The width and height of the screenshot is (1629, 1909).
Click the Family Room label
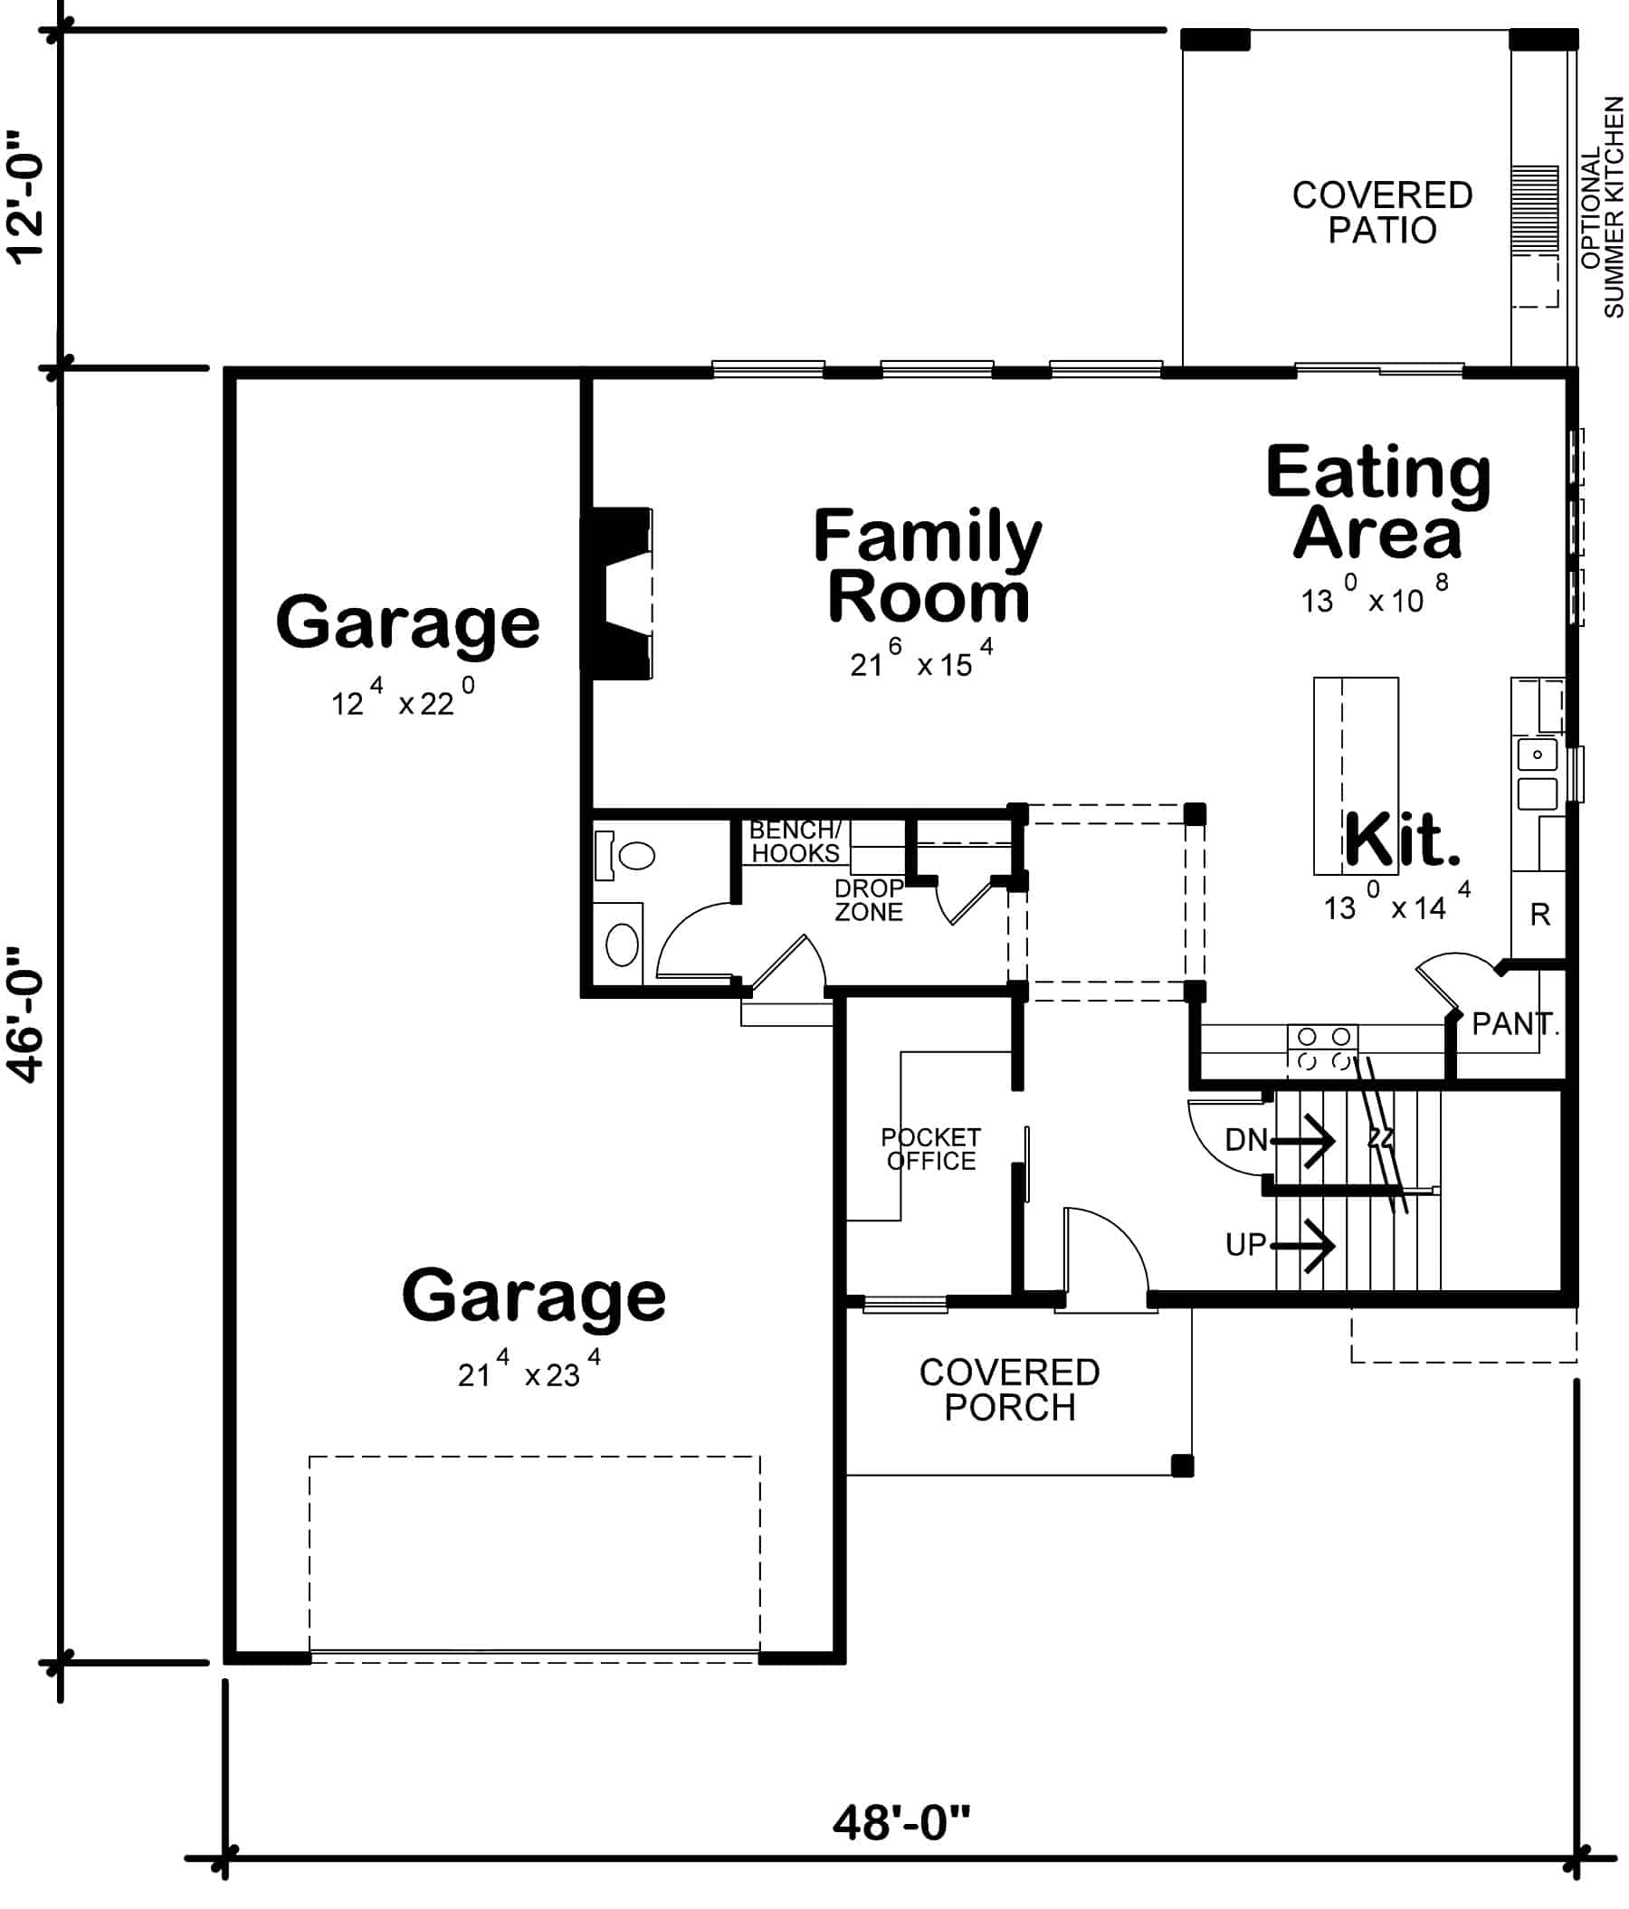[927, 565]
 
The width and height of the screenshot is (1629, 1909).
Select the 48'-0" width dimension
[901, 1822]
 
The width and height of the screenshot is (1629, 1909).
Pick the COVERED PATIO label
[1381, 213]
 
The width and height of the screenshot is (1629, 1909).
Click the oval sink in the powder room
[622, 945]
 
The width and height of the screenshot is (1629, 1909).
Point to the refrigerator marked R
[1539, 915]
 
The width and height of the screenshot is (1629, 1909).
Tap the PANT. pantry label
[1514, 1023]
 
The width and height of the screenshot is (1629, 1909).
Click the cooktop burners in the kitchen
[1322, 1049]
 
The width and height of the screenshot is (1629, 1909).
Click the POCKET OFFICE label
[930, 1149]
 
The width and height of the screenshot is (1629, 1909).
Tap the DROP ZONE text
[868, 900]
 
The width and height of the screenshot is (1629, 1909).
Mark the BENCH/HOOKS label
[795, 841]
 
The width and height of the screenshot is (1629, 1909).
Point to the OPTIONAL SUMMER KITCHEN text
[1601, 207]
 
